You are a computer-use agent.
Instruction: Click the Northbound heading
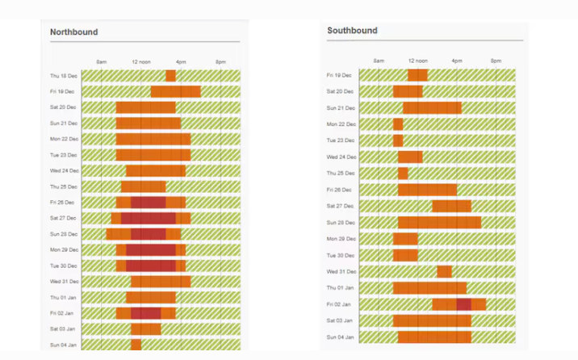(74, 32)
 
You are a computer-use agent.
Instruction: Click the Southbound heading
(352, 31)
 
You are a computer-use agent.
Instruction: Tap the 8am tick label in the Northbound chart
(102, 62)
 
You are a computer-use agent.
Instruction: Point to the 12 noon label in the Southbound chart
(417, 61)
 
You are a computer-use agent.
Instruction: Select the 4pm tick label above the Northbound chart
(181, 62)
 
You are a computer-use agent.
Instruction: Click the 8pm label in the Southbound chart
(496, 61)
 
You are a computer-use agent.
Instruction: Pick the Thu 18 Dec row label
(64, 76)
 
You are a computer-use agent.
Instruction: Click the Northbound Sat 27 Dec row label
(64, 218)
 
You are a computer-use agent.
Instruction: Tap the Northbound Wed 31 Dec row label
(64, 282)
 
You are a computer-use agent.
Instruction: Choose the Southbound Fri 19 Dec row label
(341, 75)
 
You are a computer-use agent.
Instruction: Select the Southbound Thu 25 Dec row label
(341, 174)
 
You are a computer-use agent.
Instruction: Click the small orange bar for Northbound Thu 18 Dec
(170, 76)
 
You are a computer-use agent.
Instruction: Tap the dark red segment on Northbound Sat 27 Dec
(149, 218)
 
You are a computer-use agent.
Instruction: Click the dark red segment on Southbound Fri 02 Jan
(463, 304)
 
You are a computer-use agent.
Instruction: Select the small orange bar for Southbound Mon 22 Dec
(398, 124)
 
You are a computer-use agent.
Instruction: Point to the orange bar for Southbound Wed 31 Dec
(444, 271)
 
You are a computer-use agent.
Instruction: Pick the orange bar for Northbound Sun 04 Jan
(136, 345)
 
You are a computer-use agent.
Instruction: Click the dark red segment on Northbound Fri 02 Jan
(146, 313)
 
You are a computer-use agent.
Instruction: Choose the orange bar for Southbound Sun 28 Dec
(439, 222)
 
